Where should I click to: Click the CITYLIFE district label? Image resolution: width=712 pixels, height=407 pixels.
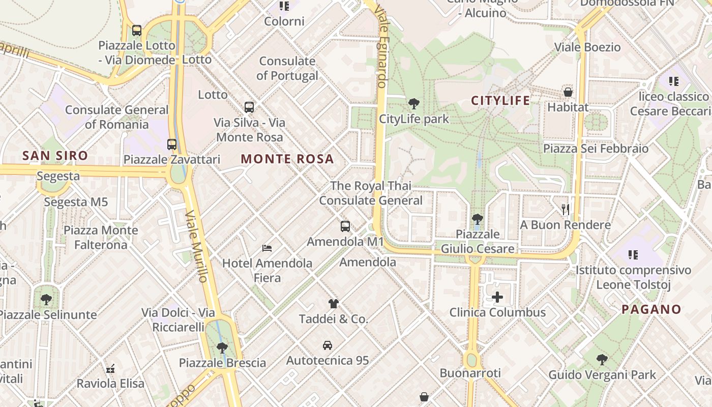[500, 100]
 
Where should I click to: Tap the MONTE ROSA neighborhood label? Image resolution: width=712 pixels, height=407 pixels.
[287, 159]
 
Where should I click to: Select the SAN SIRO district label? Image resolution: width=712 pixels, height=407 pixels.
[55, 156]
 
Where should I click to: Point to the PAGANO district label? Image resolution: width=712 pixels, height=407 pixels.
[651, 309]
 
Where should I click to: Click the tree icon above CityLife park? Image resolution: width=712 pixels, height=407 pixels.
[414, 104]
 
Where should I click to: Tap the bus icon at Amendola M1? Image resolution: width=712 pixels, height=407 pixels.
[345, 226]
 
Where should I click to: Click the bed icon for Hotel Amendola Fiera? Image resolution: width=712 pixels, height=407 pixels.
[267, 248]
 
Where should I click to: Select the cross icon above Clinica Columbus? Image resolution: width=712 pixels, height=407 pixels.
[497, 297]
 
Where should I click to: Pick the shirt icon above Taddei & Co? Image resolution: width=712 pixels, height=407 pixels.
[333, 304]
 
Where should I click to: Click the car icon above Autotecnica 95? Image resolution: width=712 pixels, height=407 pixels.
[328, 345]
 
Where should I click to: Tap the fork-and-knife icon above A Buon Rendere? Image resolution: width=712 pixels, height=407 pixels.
[565, 209]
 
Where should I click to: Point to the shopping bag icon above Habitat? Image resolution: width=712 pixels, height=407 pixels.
[568, 92]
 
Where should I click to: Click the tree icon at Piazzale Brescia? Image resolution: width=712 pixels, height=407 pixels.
[222, 348]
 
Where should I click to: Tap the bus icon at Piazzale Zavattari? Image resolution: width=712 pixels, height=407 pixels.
[172, 144]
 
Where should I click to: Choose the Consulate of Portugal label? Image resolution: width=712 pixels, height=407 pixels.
[287, 68]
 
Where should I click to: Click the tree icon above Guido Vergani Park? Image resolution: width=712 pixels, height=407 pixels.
[602, 360]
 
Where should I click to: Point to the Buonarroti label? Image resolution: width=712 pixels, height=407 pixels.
[470, 373]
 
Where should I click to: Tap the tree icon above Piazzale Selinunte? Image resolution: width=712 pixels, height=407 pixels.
[46, 299]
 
